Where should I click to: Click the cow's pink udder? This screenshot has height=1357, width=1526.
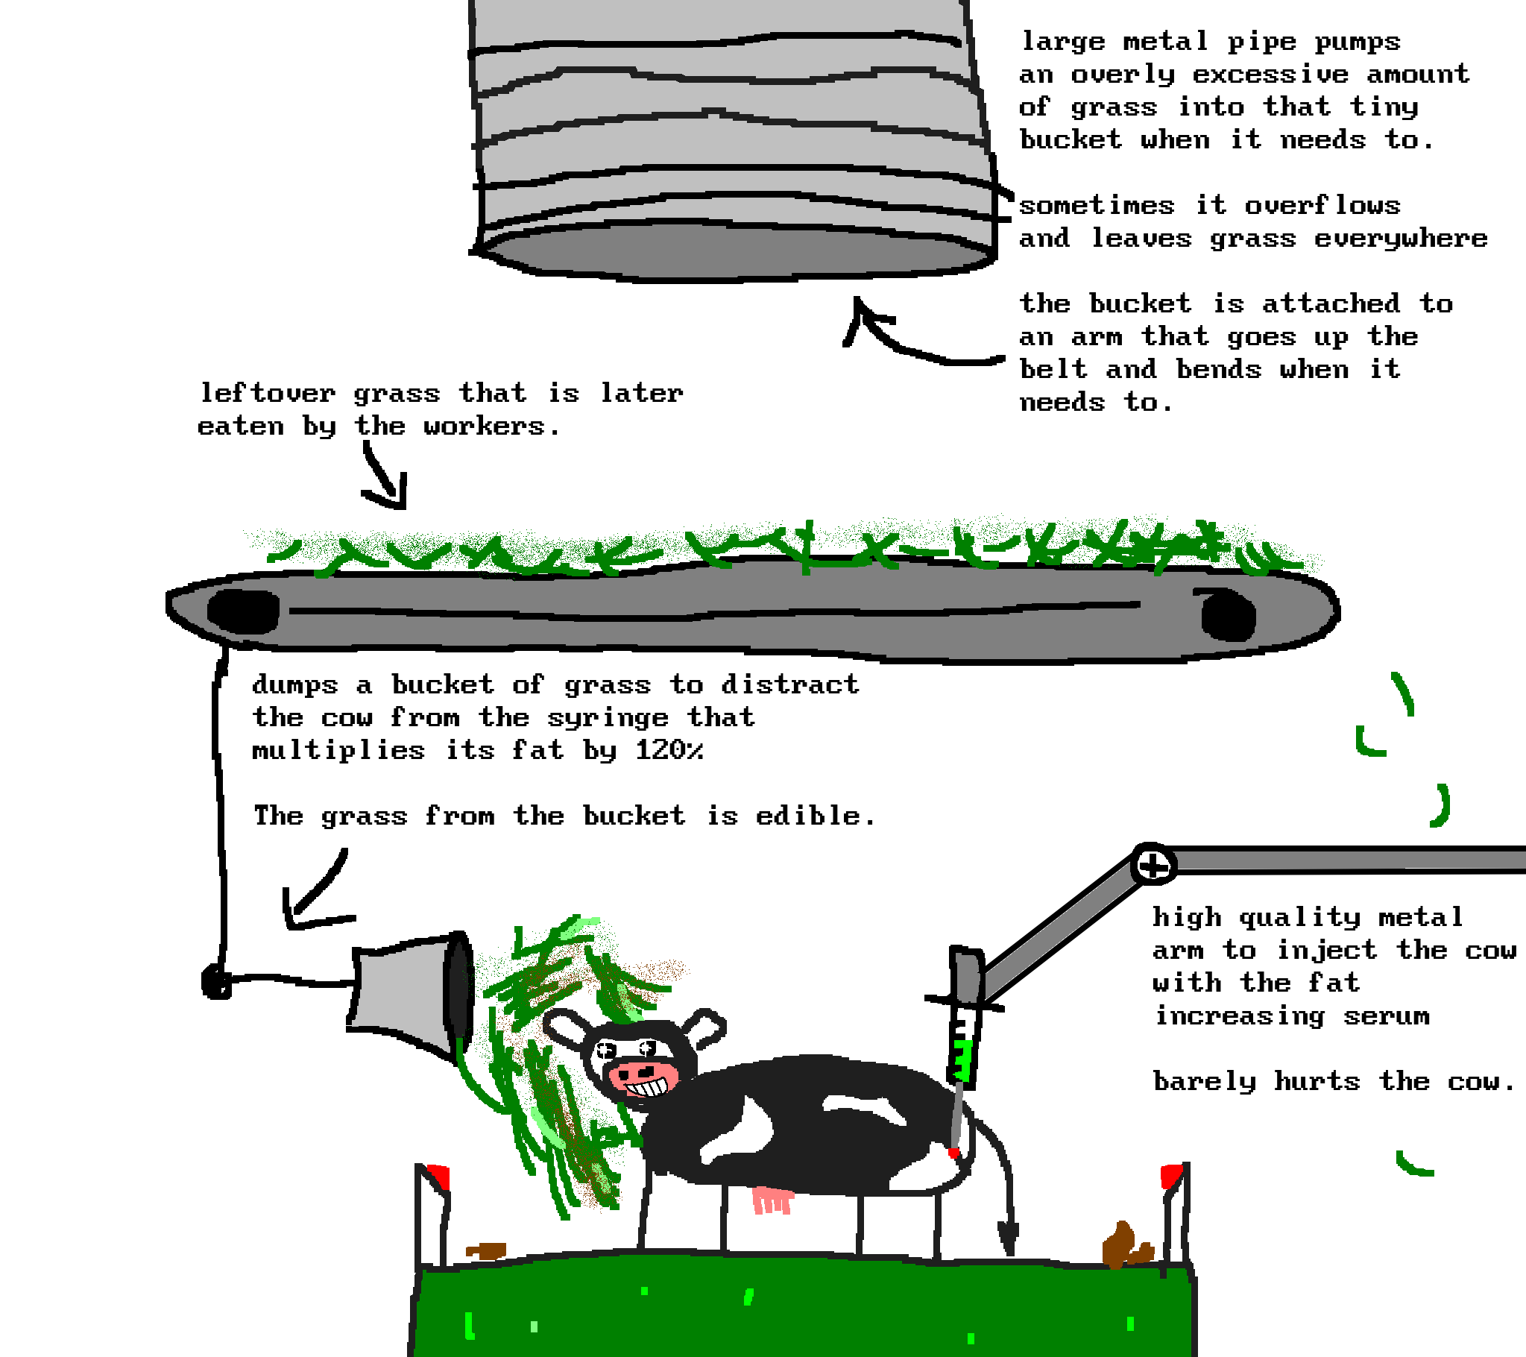(772, 1200)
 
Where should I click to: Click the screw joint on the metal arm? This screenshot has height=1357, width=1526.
(1153, 866)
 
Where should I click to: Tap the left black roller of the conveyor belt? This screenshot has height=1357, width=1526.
(243, 611)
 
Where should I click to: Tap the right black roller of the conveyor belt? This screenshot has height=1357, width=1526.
(1227, 614)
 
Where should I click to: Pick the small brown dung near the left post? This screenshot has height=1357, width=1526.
(486, 1250)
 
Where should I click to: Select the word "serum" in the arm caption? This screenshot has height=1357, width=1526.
(1387, 1016)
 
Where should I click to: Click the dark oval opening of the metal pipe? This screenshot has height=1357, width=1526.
(735, 254)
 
